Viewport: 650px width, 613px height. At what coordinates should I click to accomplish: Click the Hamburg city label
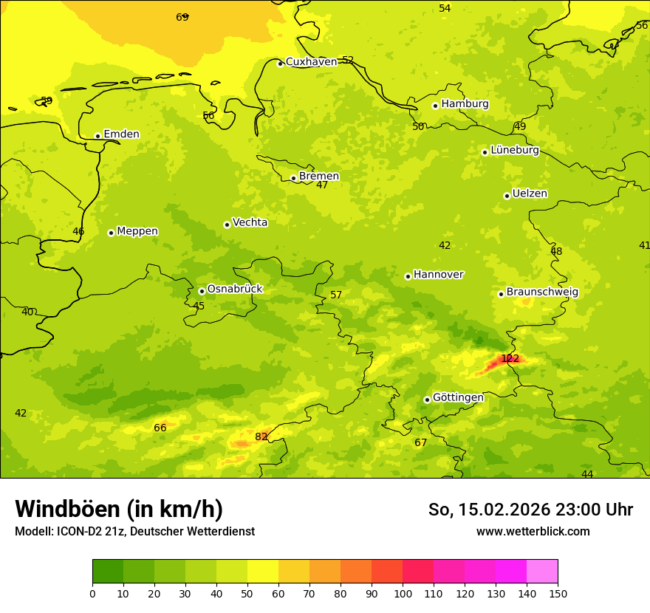pyautogui.click(x=465, y=104)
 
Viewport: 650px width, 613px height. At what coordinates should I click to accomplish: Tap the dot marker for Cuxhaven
pyautogui.click(x=280, y=64)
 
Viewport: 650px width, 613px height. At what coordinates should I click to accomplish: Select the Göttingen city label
pyautogui.click(x=458, y=397)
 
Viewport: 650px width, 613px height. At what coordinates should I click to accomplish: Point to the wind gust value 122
pyautogui.click(x=510, y=359)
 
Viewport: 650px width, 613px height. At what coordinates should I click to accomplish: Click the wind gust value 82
pyautogui.click(x=261, y=436)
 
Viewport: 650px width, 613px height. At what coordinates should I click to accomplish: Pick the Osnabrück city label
pyautogui.click(x=235, y=289)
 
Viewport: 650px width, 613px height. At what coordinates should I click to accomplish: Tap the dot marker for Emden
pyautogui.click(x=97, y=136)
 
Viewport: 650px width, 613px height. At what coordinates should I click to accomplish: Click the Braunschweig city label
pyautogui.click(x=542, y=292)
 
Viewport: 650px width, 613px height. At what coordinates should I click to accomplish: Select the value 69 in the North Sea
pyautogui.click(x=182, y=17)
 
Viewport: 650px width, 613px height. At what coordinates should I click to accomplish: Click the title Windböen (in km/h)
pyautogui.click(x=119, y=509)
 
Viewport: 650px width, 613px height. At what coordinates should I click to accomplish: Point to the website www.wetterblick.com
pyautogui.click(x=533, y=531)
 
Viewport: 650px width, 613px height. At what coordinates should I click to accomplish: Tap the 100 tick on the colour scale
pyautogui.click(x=403, y=593)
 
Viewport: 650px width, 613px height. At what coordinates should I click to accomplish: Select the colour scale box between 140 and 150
pyautogui.click(x=542, y=572)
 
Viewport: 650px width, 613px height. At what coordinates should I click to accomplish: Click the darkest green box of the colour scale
pyautogui.click(x=108, y=572)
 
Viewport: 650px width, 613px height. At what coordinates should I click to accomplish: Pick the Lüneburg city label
pyautogui.click(x=515, y=150)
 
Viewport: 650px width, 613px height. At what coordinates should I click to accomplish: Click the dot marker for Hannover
pyautogui.click(x=408, y=276)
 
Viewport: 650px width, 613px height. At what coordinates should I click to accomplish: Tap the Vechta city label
pyautogui.click(x=250, y=222)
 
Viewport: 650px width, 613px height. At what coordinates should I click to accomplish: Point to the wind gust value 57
pyautogui.click(x=336, y=295)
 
